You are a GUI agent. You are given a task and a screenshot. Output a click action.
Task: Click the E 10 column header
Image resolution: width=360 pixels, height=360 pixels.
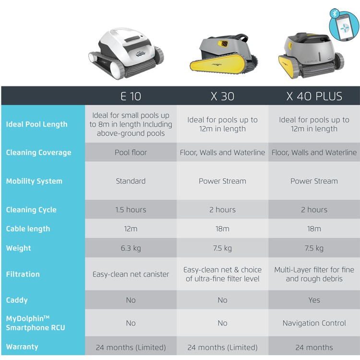[131, 96]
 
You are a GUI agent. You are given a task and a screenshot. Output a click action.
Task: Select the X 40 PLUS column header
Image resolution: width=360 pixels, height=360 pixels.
[314, 96]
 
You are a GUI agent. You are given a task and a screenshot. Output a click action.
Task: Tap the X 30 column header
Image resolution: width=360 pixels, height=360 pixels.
[222, 96]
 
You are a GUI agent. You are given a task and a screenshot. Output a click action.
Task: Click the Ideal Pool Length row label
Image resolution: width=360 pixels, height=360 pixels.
[36, 124]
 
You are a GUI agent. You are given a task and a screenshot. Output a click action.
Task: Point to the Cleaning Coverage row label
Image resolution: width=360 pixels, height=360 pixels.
[38, 153]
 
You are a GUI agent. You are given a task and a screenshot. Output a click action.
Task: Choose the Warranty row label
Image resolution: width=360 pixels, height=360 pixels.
[22, 347]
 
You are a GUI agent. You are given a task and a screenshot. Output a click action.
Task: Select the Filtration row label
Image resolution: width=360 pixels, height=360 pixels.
[23, 274]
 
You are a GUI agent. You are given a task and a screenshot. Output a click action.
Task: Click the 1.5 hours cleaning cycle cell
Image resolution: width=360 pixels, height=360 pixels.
[131, 210]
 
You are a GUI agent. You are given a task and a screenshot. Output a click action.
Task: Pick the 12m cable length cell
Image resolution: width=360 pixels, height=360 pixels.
[131, 229]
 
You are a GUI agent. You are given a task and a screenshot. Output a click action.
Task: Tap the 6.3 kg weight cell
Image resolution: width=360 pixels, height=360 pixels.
[131, 248]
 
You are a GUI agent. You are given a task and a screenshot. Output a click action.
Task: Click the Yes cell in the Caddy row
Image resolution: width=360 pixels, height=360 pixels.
[314, 300]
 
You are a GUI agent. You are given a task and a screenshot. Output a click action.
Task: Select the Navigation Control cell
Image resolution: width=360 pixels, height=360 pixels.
[314, 323]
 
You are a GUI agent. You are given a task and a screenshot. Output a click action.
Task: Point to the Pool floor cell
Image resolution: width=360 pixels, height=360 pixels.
[131, 153]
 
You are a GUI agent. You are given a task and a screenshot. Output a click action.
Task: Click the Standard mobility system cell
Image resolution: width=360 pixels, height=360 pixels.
[131, 181]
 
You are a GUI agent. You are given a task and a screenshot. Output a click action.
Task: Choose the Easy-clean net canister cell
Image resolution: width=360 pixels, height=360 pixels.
[131, 275]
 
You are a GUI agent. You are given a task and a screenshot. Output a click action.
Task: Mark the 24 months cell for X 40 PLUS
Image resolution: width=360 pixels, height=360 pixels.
[314, 347]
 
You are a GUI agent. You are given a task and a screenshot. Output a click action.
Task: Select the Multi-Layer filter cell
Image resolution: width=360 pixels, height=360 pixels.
[314, 274]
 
